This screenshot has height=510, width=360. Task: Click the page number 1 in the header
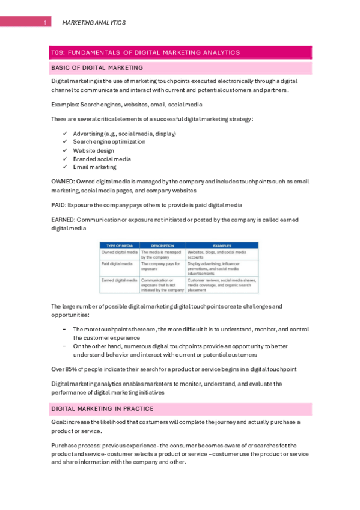[x=46, y=23]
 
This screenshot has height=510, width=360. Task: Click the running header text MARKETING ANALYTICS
[x=94, y=23]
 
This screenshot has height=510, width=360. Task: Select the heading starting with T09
[x=145, y=52]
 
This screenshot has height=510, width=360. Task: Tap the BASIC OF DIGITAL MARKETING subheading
[x=97, y=67]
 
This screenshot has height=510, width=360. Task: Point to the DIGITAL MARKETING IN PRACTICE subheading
[x=102, y=409]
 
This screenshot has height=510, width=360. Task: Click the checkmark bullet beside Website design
[x=64, y=150]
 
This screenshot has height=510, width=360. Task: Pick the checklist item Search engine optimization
[x=109, y=142]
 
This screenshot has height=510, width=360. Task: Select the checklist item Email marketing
[x=94, y=167]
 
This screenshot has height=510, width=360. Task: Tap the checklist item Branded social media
[x=102, y=159]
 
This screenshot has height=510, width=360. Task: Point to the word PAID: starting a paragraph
[x=59, y=205]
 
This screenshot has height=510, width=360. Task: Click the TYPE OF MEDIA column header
[x=119, y=245]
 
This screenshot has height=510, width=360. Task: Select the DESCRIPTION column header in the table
[x=162, y=245]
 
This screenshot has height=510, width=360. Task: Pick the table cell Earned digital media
[x=119, y=280]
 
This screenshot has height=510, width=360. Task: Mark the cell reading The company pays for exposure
[x=160, y=266]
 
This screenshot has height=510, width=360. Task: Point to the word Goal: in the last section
[x=59, y=422]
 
